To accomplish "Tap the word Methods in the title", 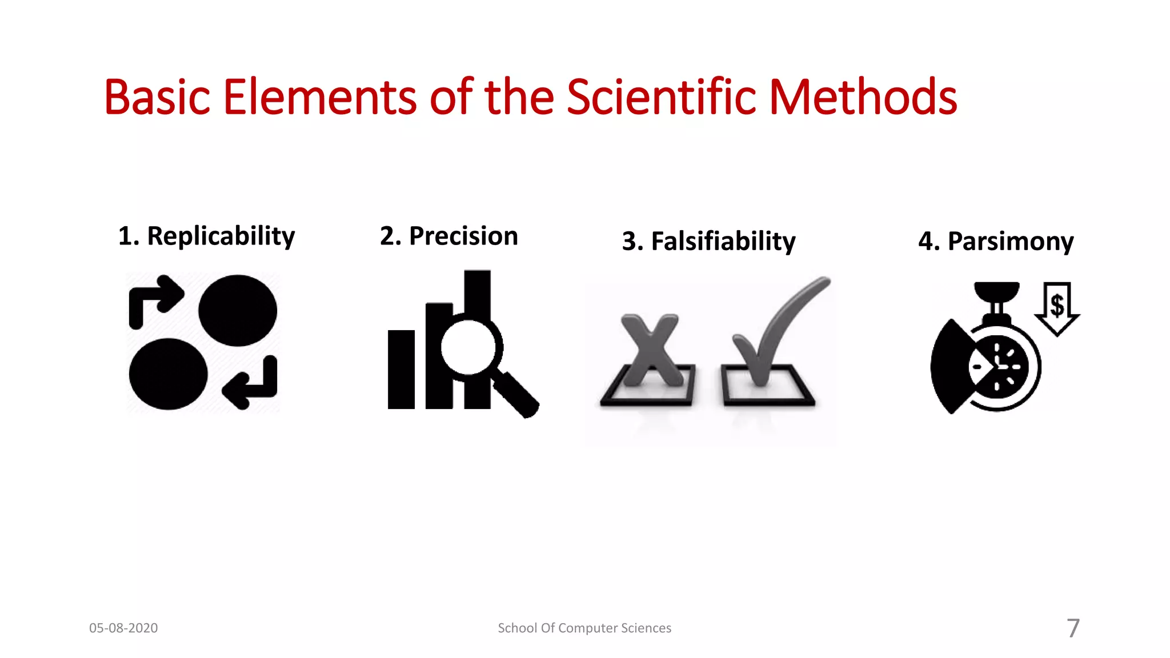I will (863, 97).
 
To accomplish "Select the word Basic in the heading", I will (157, 97).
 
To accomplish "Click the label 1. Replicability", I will (206, 236).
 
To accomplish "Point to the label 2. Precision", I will (449, 236).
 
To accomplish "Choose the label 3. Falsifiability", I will (708, 241).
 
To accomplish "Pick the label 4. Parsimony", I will (996, 241).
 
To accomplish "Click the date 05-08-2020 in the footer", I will (123, 628).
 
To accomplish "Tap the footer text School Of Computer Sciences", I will (584, 628).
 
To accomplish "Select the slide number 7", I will (1073, 628).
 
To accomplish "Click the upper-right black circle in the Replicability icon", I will (238, 310).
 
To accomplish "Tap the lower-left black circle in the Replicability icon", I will (168, 374).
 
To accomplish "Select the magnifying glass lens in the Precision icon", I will (468, 347).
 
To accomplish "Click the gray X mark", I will (651, 348).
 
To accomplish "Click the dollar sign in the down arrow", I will (1057, 305).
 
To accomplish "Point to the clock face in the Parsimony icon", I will (999, 367).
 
